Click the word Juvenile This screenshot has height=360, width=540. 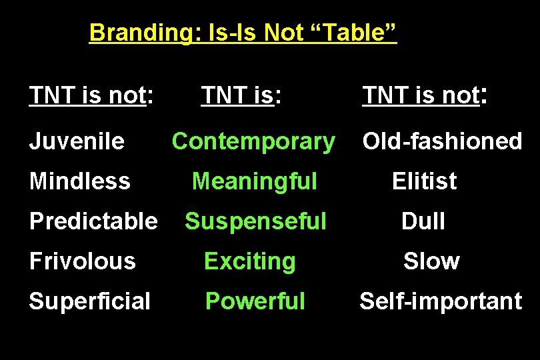pos(77,141)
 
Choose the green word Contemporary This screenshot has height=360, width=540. pos(253,141)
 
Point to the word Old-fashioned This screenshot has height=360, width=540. pos(441,141)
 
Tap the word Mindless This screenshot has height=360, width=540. pos(80,181)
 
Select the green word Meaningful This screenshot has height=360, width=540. pos(254,181)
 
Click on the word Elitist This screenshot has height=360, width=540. pos(424,181)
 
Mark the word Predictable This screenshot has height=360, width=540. pos(93,221)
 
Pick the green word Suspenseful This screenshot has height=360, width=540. pos(255,221)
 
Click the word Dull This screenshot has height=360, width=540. pos(423,221)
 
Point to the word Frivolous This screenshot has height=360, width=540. pos(83,261)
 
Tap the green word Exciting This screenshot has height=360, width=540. pos(249,261)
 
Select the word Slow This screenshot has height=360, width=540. pos(431,261)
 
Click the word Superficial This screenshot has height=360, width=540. pos(90,301)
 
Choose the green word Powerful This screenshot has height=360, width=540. pos(255,301)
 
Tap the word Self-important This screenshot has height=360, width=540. pos(441,301)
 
